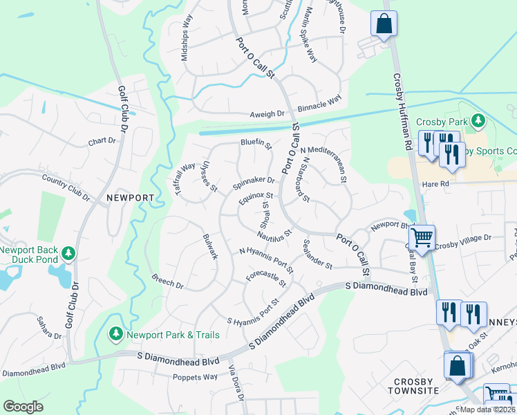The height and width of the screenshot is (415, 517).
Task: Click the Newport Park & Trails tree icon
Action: coord(116,335)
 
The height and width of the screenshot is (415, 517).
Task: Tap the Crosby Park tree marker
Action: coord(477,122)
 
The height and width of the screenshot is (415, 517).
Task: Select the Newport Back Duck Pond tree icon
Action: coord(68,254)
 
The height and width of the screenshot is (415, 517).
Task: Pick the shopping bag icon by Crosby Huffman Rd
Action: coord(383,24)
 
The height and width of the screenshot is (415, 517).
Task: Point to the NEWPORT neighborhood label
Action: coord(130,198)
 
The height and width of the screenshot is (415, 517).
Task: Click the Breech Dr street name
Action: coord(167,281)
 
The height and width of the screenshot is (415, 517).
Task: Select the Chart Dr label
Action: coord(102,141)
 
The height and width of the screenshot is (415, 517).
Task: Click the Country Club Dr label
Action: coord(66,187)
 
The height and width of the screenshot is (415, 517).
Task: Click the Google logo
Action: coord(23,407)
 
